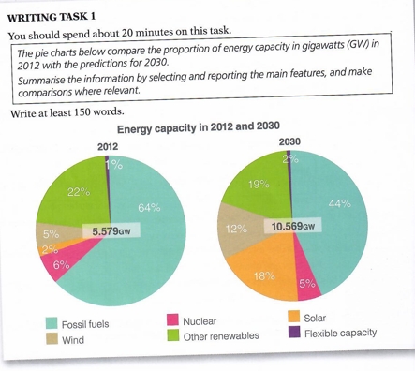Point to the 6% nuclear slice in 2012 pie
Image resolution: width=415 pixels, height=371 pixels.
pos(63,267)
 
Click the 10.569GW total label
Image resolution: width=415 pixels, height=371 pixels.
pos(293,227)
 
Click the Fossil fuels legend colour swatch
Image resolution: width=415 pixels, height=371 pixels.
pos(53,323)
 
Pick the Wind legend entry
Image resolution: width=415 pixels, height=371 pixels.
pos(66,339)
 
